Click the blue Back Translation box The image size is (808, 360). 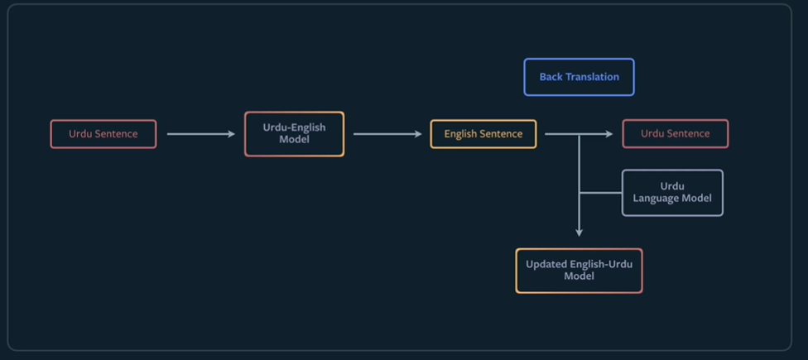[579, 77]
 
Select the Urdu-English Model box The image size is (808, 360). [294, 134]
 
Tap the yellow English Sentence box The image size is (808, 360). [483, 134]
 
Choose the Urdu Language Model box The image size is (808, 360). [672, 193]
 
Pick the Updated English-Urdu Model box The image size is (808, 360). [579, 271]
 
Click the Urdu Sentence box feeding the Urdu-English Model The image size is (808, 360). [103, 134]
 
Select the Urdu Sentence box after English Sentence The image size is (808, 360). [675, 133]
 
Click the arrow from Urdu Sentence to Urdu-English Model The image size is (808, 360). [201, 134]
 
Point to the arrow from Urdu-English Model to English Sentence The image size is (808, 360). [387, 134]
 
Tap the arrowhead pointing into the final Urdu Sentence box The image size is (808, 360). [609, 134]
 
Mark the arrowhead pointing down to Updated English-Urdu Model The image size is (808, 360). [579, 233]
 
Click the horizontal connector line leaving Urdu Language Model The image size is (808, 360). [600, 193]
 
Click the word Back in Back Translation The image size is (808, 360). [551, 77]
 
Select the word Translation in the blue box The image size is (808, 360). [592, 77]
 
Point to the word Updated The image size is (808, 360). [546, 265]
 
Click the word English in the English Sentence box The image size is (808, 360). [460, 134]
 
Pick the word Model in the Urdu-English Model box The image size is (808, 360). [294, 140]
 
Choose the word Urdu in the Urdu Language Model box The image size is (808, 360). [672, 186]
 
